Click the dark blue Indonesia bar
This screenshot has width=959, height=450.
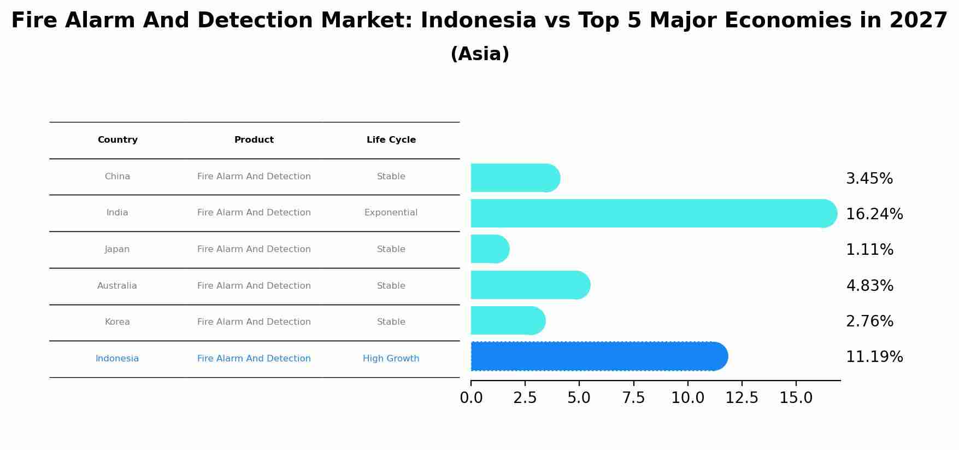[598, 357]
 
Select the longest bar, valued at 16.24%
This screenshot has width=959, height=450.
[653, 213]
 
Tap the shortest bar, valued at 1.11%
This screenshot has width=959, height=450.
[490, 249]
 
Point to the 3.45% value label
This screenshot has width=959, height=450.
[869, 179]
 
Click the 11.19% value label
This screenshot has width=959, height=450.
[874, 357]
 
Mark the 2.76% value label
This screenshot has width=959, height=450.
[869, 322]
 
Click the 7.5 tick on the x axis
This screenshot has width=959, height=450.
[633, 398]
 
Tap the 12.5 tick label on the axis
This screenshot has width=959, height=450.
[742, 398]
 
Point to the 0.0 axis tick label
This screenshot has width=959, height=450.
[471, 398]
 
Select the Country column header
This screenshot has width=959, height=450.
[117, 140]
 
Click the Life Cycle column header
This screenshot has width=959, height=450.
[391, 140]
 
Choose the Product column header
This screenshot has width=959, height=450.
[254, 140]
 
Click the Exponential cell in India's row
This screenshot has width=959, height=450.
[391, 213]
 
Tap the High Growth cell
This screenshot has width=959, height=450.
[391, 359]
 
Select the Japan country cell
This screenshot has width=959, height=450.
[117, 249]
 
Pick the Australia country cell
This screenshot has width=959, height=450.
[117, 286]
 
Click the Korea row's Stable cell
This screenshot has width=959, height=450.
[391, 322]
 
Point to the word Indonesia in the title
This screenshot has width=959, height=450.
[478, 21]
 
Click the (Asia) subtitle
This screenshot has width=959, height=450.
[480, 54]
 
